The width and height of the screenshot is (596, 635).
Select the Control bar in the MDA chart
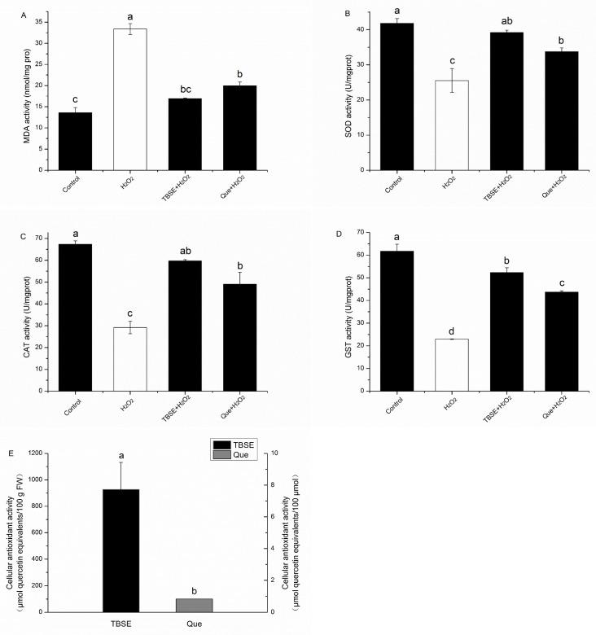coord(75,141)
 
